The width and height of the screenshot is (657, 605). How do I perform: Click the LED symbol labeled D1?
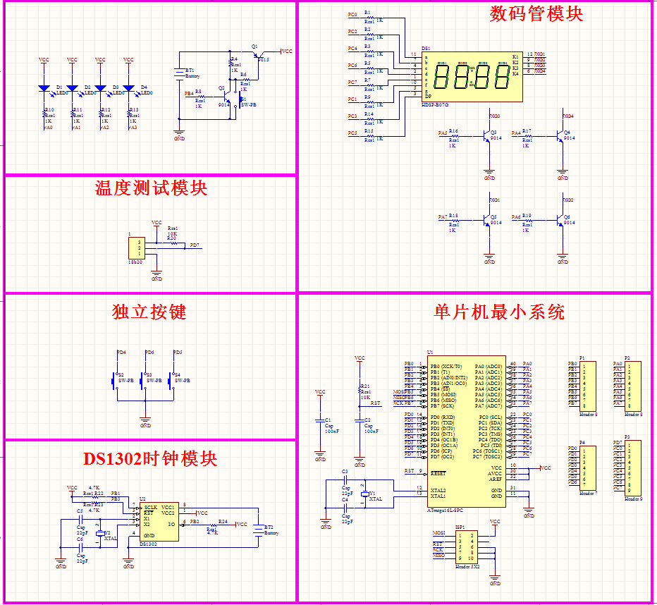(x=44, y=89)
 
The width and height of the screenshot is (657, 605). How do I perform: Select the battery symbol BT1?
(x=179, y=73)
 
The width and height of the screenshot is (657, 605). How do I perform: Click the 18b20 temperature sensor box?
(x=135, y=248)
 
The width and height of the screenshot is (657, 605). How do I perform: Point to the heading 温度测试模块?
(x=151, y=188)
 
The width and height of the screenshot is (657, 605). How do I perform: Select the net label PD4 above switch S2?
(x=121, y=352)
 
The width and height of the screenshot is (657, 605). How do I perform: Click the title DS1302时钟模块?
(x=150, y=459)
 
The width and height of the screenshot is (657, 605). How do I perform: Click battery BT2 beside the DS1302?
(x=258, y=530)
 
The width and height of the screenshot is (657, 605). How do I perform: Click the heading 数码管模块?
(x=536, y=14)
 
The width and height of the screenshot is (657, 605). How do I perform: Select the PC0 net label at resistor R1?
(x=352, y=15)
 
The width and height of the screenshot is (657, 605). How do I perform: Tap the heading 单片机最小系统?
(x=499, y=312)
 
